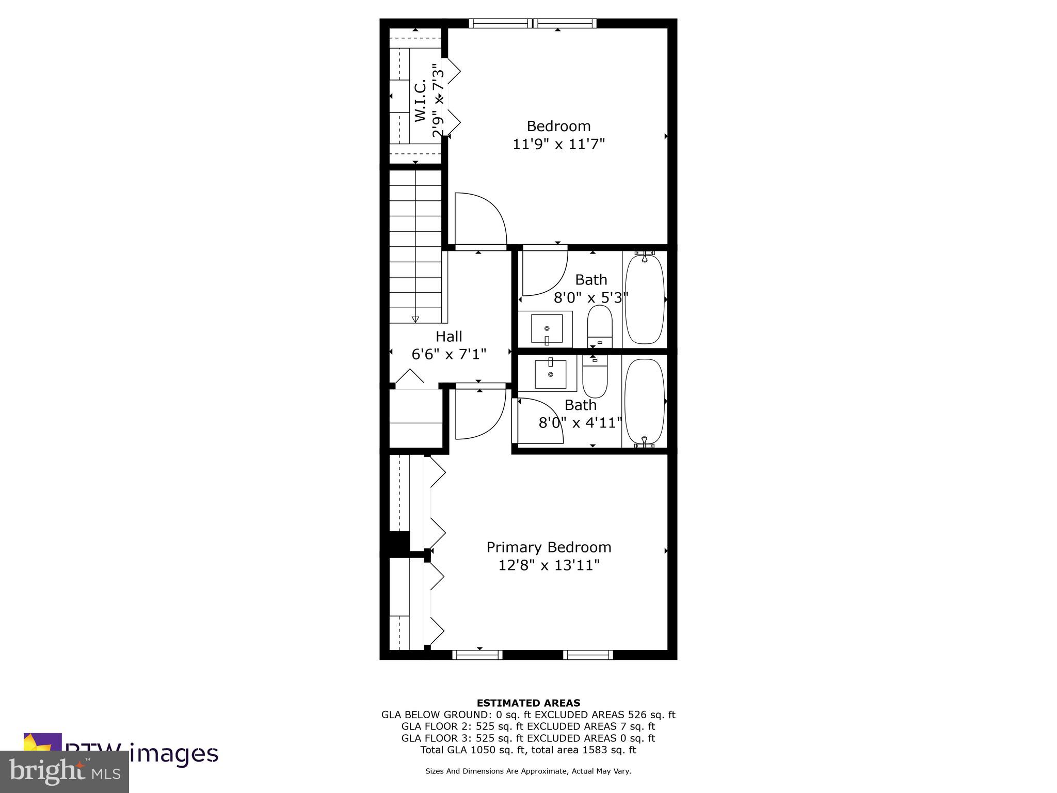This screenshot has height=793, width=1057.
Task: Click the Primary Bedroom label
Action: (549, 547)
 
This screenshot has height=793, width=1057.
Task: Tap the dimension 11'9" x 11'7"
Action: (558, 144)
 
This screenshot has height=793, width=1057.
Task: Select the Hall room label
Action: (449, 337)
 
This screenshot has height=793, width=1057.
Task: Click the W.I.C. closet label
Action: (421, 101)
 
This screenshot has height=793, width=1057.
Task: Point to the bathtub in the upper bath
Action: (644, 299)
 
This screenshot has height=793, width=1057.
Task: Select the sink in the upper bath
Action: (547, 329)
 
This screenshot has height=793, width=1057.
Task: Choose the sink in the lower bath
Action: (550, 373)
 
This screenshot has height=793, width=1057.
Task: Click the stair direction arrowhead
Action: (415, 319)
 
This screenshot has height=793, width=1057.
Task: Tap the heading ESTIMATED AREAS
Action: (528, 703)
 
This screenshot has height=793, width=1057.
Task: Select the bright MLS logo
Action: (64, 772)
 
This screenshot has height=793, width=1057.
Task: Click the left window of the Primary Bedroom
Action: (477, 655)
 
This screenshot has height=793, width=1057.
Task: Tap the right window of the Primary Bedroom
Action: (588, 655)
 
